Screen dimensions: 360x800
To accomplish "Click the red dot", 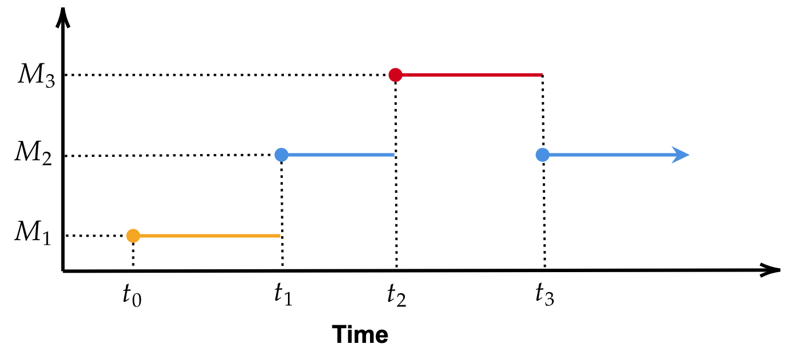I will click(x=395, y=75).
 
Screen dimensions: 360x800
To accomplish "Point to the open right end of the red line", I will click(x=542, y=75).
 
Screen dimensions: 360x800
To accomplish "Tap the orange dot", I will click(x=133, y=236).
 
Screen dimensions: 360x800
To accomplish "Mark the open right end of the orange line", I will click(x=280, y=236).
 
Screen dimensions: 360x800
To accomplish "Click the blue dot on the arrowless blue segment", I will click(x=281, y=155).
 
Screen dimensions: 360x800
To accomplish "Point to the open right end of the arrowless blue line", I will click(x=394, y=155).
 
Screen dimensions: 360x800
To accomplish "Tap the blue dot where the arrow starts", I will click(x=542, y=155).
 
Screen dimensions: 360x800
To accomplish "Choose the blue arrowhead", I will click(x=681, y=155).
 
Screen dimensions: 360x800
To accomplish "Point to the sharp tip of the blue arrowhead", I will click(x=690, y=155).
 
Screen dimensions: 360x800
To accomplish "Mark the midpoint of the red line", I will click(x=469, y=75).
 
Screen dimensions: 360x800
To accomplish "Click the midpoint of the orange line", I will click(x=206, y=236).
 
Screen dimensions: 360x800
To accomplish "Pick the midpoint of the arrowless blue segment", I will click(x=338, y=155).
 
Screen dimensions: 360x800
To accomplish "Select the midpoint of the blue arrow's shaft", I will click(x=610, y=155).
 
